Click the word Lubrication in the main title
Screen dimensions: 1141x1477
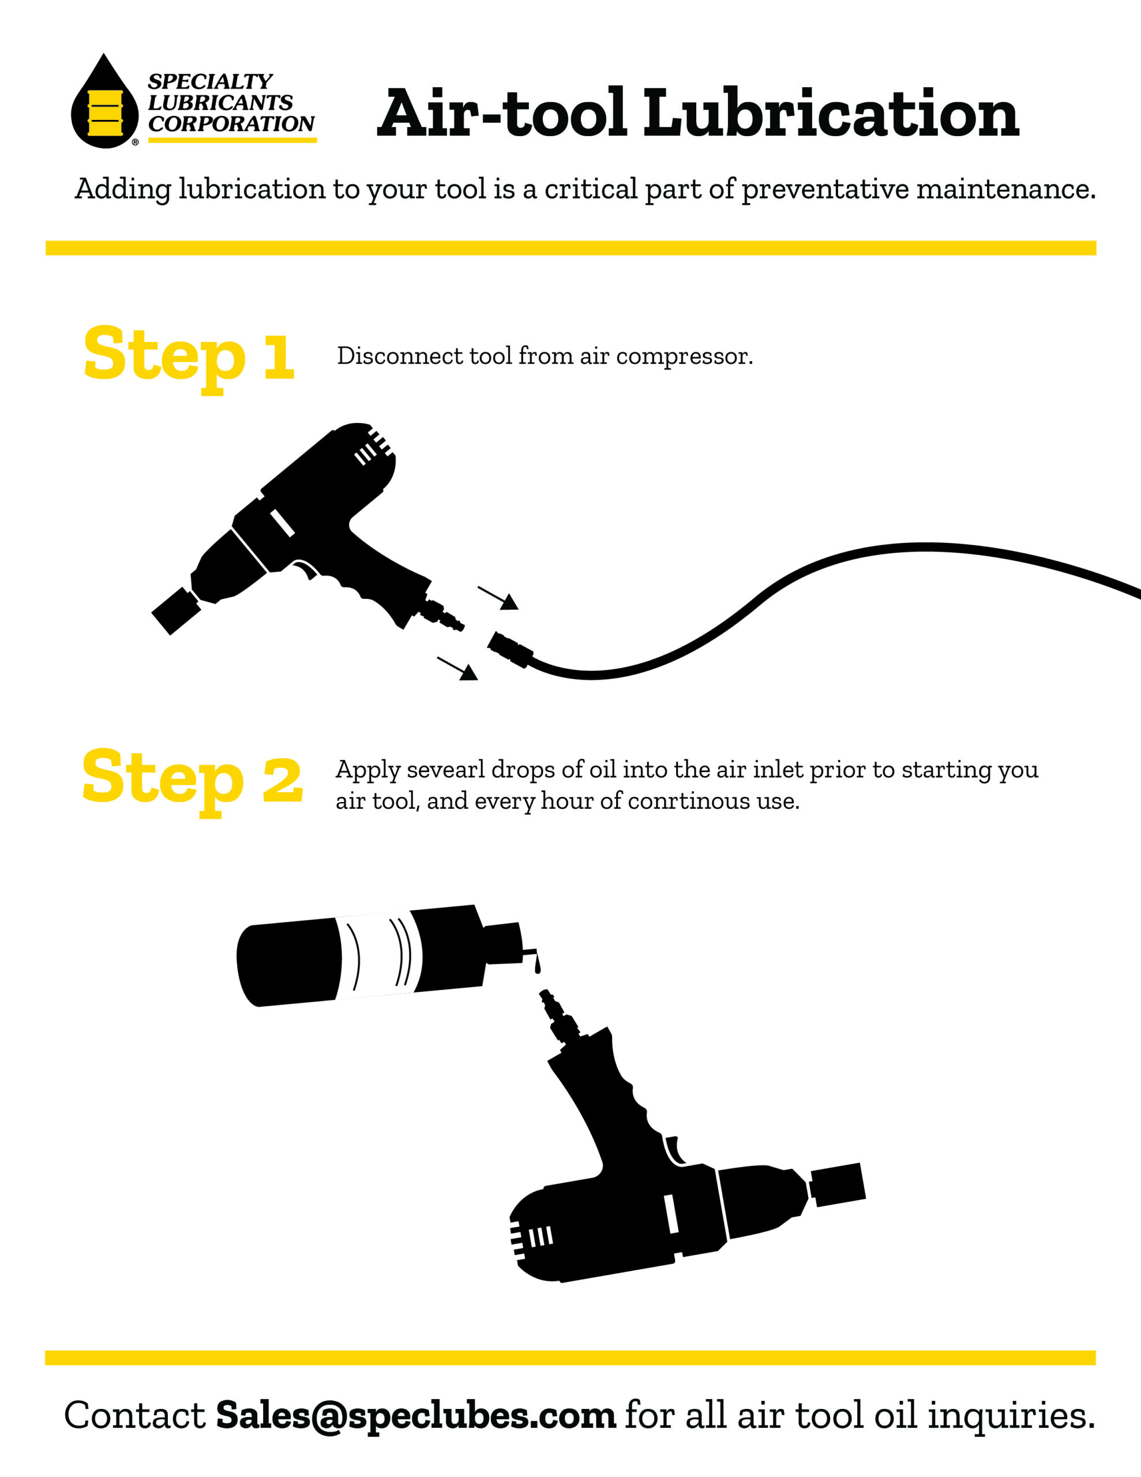click(831, 113)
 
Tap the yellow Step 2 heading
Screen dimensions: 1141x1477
click(192, 781)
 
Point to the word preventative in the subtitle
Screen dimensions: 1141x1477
click(824, 189)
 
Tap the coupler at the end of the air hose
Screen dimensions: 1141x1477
click(510, 648)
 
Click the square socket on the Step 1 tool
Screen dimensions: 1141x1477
click(176, 610)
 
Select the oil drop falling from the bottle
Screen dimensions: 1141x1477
click(538, 966)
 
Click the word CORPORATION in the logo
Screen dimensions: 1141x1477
click(231, 124)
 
